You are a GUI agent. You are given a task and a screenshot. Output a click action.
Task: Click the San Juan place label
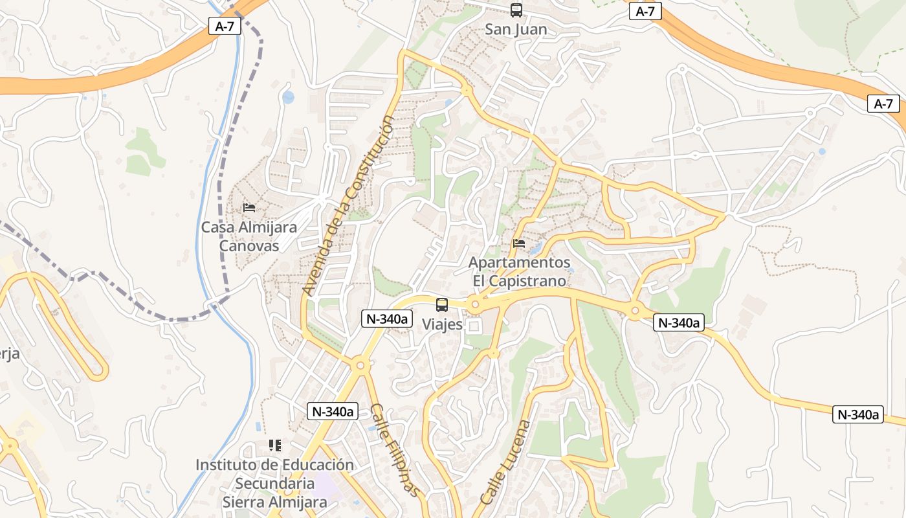[x=516, y=29]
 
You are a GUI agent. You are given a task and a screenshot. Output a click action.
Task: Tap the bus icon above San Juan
[x=516, y=10]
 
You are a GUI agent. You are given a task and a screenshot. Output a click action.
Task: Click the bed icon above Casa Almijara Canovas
[x=249, y=208]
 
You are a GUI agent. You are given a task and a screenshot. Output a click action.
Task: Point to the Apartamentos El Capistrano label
[x=519, y=272]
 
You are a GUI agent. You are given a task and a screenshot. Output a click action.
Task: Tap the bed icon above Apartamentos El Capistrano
[x=518, y=244]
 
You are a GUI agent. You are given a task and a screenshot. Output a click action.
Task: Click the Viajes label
[x=442, y=324]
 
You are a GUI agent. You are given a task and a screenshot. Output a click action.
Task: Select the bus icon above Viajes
[x=442, y=305]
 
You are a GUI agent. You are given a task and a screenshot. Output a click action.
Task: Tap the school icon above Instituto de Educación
[x=275, y=445]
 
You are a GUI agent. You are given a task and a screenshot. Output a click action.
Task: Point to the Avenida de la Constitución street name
[x=349, y=206]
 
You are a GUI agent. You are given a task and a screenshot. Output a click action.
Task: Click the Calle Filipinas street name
[x=395, y=449]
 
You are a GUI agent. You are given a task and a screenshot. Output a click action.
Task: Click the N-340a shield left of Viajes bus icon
[x=387, y=318]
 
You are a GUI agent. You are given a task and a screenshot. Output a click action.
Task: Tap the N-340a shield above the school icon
[x=333, y=411]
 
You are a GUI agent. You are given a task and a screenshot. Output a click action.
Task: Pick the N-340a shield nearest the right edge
[x=858, y=414]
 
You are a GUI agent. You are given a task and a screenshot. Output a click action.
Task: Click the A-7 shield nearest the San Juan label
[x=645, y=11]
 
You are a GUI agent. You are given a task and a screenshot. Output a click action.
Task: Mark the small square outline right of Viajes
[x=474, y=326]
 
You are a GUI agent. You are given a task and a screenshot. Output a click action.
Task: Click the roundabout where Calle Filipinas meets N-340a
[x=360, y=366]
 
